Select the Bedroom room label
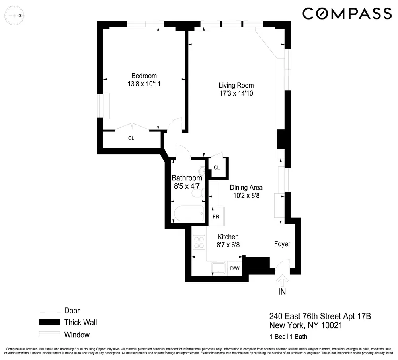(144, 76)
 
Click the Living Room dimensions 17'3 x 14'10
(236, 94)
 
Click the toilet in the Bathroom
(197, 194)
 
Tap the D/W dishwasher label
(235, 268)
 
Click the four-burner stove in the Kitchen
(199, 242)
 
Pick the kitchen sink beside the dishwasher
(218, 268)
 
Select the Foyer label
(282, 244)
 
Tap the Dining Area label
(246, 188)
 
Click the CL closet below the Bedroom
(131, 139)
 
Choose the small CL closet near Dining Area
(217, 168)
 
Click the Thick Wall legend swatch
(49, 323)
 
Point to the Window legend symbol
(49, 335)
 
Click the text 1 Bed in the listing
(277, 337)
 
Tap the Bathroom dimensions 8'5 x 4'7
(187, 186)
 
